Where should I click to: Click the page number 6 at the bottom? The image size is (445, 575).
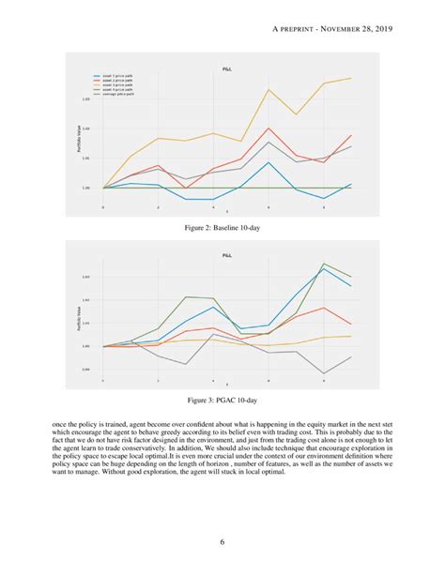(222, 541)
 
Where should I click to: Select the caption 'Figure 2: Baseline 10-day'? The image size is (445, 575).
(222, 228)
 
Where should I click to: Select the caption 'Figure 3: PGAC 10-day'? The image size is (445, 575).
(222, 401)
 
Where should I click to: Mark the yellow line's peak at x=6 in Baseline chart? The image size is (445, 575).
(269, 89)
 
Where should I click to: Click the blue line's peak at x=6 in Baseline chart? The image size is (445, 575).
(269, 162)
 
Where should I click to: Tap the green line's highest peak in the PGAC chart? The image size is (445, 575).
(325, 263)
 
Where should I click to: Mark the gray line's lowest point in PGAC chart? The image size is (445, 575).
(325, 373)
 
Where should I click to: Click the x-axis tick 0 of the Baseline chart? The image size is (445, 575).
(102, 206)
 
